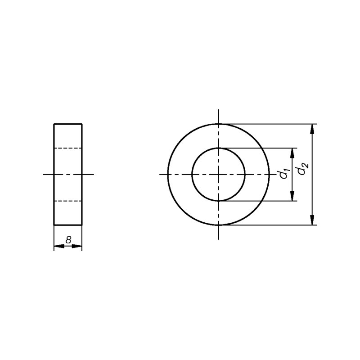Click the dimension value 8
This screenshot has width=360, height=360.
click(68, 240)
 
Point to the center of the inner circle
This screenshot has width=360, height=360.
click(219, 175)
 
